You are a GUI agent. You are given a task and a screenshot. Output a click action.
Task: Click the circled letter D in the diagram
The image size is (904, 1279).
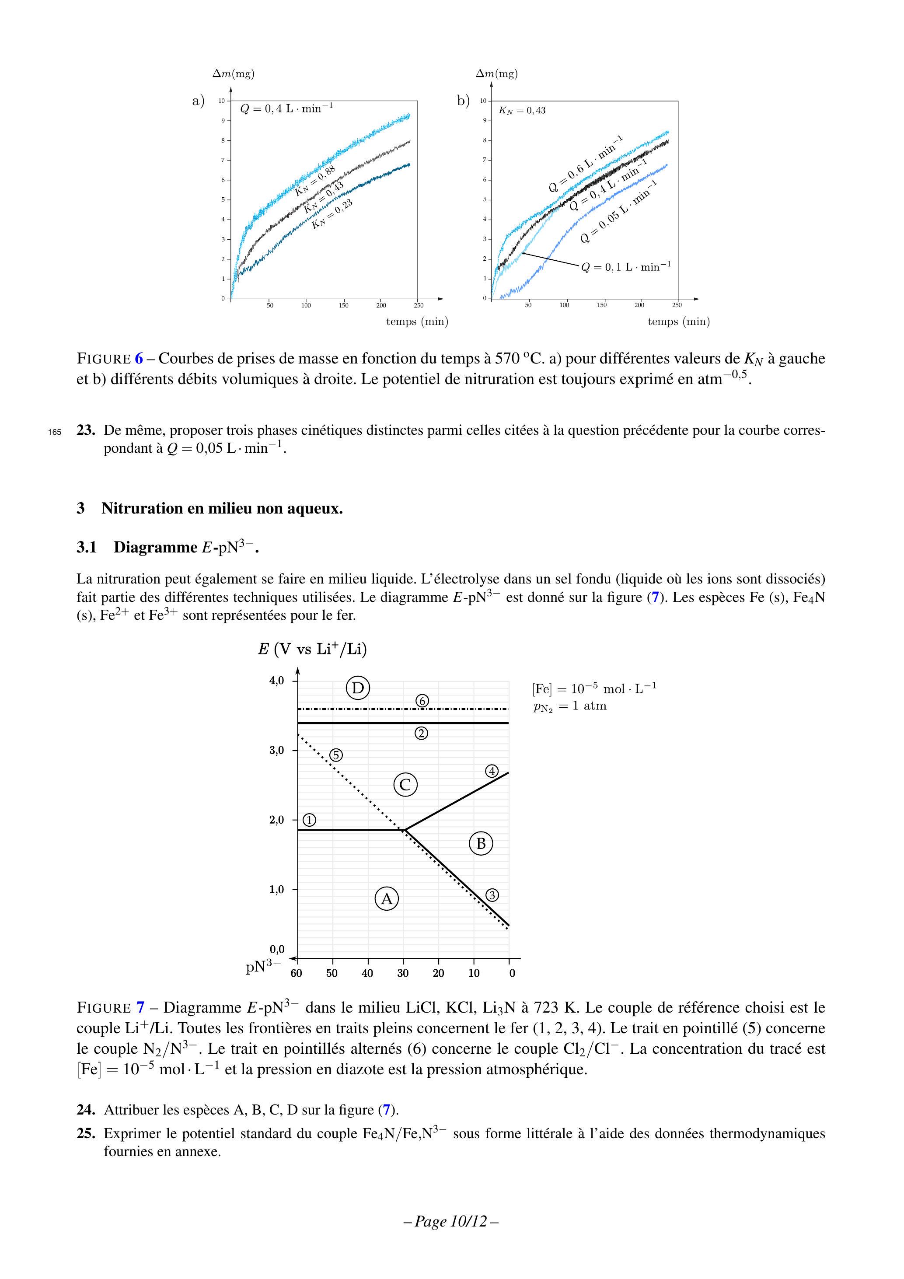[358, 688]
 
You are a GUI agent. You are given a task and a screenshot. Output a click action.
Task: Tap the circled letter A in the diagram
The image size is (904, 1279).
[387, 898]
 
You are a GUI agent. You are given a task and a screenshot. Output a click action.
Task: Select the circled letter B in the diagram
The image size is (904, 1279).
[481, 843]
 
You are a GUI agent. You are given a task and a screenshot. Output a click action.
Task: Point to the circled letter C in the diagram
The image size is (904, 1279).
[405, 785]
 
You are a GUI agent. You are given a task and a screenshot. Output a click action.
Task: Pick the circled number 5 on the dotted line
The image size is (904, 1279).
[336, 755]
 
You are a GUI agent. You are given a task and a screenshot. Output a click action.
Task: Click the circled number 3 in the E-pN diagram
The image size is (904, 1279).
[492, 895]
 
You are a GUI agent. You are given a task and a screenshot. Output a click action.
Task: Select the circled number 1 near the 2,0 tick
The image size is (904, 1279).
[309, 820]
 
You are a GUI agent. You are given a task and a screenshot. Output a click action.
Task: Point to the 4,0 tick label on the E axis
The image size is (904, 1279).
[277, 681]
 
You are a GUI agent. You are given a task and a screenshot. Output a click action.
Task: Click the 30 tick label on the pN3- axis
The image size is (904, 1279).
[403, 973]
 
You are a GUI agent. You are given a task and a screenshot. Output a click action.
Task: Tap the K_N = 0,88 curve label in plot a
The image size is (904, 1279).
[315, 181]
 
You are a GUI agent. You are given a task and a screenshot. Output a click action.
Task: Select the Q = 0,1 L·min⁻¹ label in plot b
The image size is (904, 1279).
[625, 267]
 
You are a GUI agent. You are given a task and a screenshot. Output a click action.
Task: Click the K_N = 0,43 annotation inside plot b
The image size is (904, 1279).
[522, 110]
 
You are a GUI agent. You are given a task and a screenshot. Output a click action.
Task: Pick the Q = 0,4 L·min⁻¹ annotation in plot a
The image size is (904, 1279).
[286, 108]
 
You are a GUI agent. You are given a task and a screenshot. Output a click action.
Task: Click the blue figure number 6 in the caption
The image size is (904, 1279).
[139, 359]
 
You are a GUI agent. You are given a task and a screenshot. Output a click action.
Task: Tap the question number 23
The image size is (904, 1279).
[86, 430]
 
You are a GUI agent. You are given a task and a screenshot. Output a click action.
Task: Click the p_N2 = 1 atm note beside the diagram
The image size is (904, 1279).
[569, 706]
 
